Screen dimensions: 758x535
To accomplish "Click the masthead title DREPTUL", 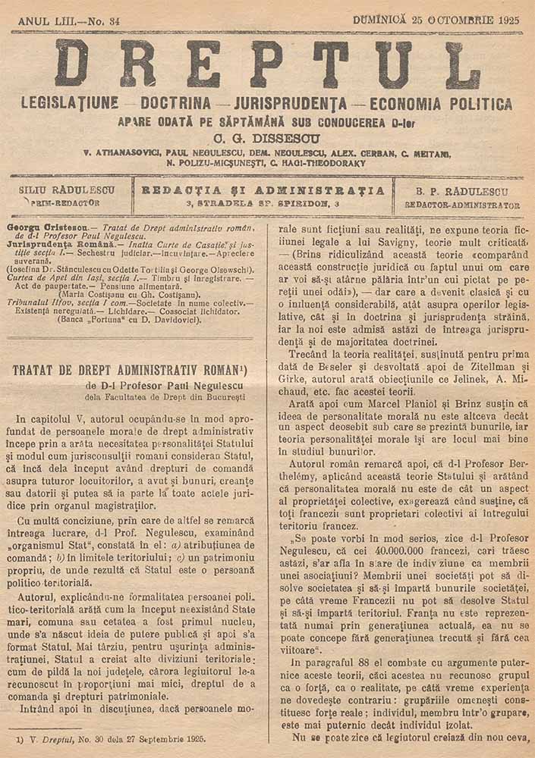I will pos(267,65).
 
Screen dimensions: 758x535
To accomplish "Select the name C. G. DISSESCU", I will pos(266,138).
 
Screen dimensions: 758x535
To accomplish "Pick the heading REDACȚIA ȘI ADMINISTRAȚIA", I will pos(263,190).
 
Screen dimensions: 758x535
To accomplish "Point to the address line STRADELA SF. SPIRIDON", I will pos(263,205).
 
